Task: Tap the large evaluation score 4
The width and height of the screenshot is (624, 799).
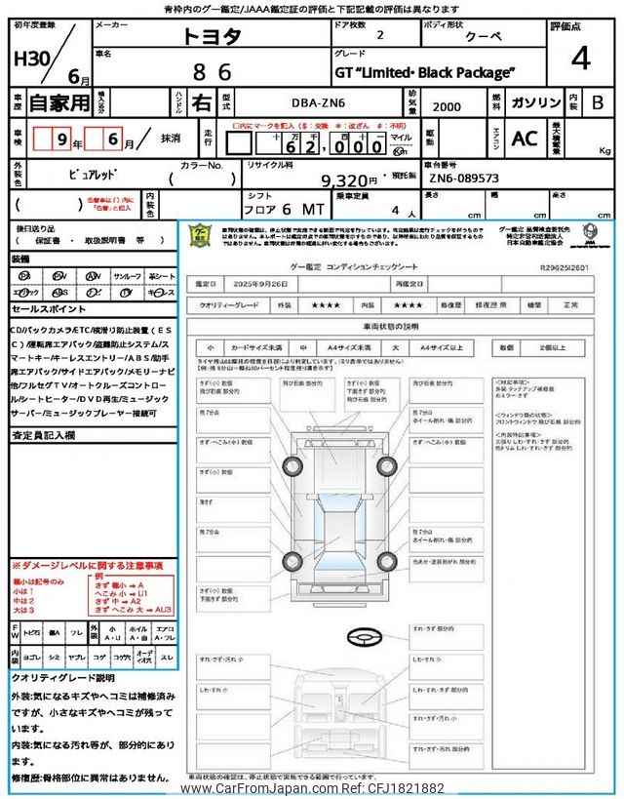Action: pos(580,58)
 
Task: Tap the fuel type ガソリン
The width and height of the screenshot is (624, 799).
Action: pos(535,102)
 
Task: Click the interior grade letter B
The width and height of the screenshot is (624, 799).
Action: pos(598,102)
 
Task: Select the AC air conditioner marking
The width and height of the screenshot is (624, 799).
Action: pos(525,139)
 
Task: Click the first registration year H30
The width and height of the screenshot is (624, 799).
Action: pos(32,60)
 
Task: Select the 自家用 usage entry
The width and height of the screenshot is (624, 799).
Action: pos(47,102)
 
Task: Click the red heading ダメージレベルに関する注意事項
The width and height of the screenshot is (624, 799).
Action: pos(88,566)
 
